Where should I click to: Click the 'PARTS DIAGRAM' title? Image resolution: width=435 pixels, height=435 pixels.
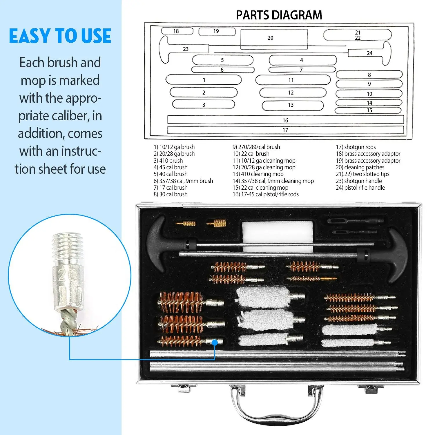pos(279,15)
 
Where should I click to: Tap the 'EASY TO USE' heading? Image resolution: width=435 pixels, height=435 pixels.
pos(60,36)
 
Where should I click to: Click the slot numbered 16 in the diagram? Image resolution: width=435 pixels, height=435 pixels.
pos(285,120)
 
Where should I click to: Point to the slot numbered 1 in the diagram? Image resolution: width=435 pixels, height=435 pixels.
pos(204,80)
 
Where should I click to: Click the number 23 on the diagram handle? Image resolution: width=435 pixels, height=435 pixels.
pos(186,49)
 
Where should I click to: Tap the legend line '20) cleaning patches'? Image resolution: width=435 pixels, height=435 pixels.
pos(360,167)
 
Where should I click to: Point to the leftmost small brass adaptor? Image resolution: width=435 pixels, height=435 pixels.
pos(185,224)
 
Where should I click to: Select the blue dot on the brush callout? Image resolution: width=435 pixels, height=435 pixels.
pos(215,342)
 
